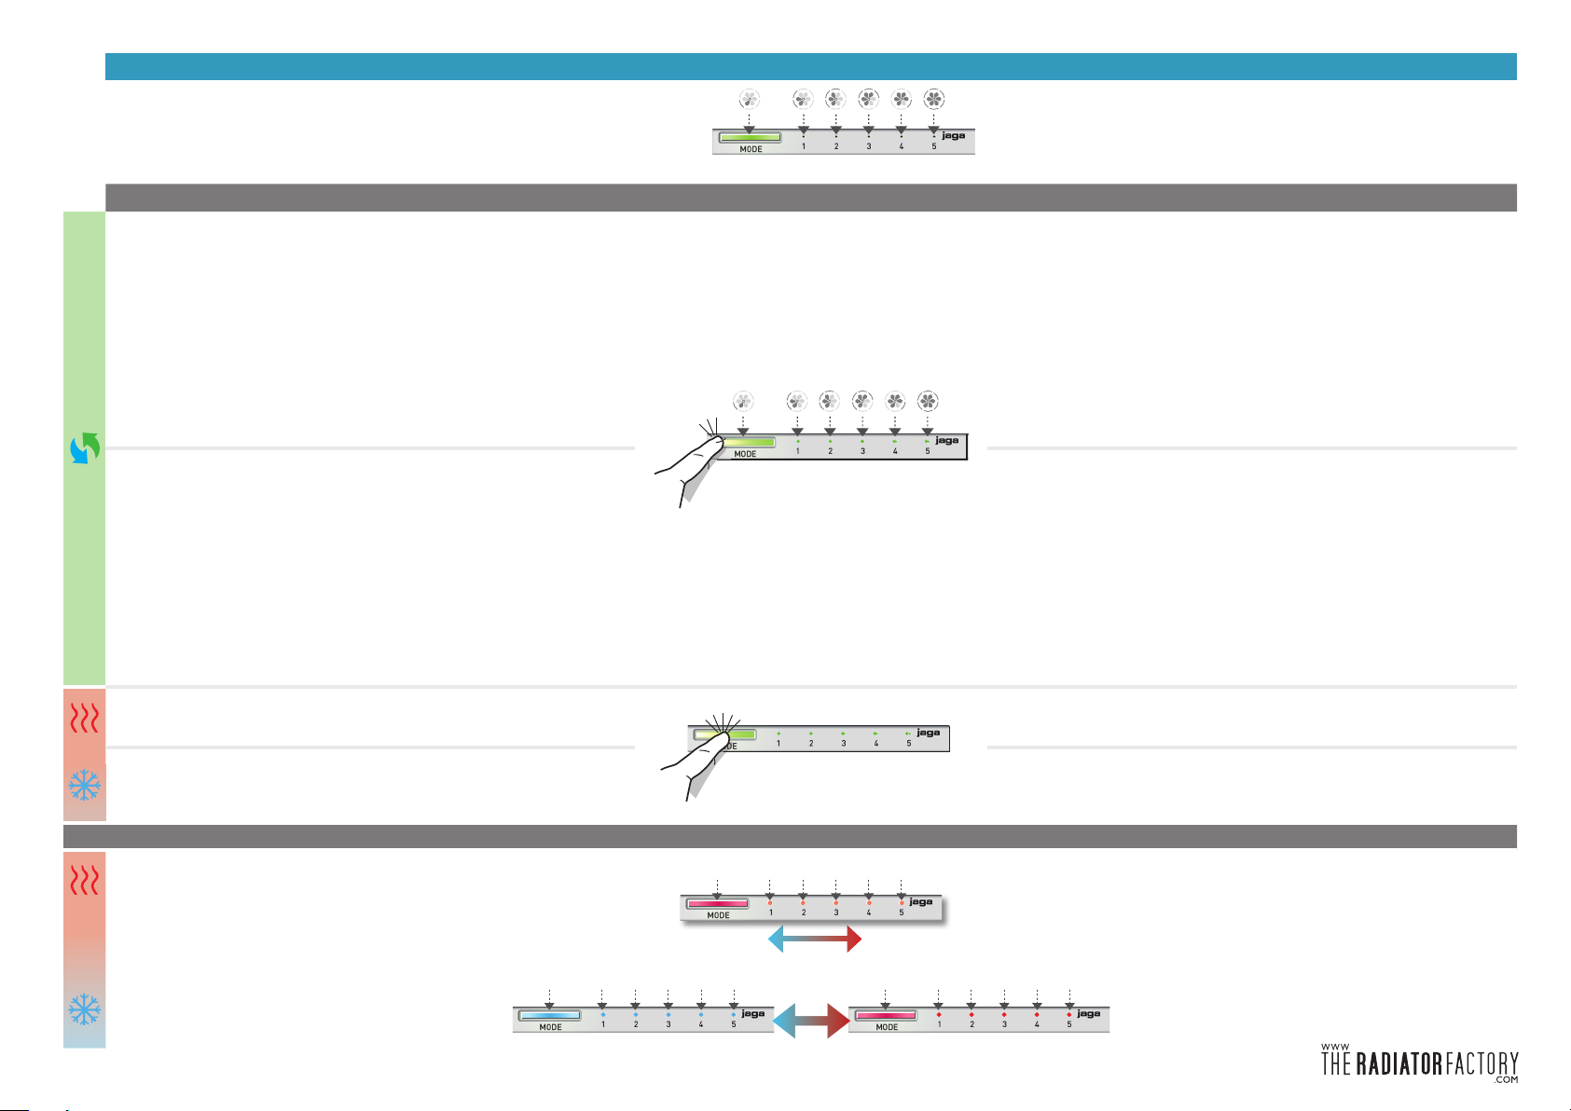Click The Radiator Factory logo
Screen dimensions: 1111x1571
[1419, 1063]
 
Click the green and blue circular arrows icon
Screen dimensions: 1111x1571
[85, 447]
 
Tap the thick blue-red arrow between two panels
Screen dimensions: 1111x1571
[811, 1021]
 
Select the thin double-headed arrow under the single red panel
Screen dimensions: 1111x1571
[814, 940]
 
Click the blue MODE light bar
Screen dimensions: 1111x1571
[550, 1015]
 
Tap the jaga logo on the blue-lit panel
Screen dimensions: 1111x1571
[752, 1013]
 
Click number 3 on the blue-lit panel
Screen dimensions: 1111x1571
[668, 1024]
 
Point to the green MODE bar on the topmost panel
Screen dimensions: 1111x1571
[750, 138]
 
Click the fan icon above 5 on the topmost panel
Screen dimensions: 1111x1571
[933, 99]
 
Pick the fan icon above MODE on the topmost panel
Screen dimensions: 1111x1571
[750, 99]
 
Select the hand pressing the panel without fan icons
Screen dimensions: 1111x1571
[695, 760]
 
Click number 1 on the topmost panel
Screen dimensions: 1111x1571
[804, 146]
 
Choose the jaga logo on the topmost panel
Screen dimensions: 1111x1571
[953, 136]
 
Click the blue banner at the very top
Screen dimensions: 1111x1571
[810, 66]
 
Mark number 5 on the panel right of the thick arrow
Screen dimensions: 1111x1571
[1069, 1024]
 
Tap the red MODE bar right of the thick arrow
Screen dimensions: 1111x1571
[886, 1015]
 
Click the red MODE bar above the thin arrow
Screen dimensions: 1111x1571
[717, 903]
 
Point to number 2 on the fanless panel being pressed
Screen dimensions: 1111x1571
[811, 743]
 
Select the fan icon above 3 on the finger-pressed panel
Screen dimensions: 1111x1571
[862, 402]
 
